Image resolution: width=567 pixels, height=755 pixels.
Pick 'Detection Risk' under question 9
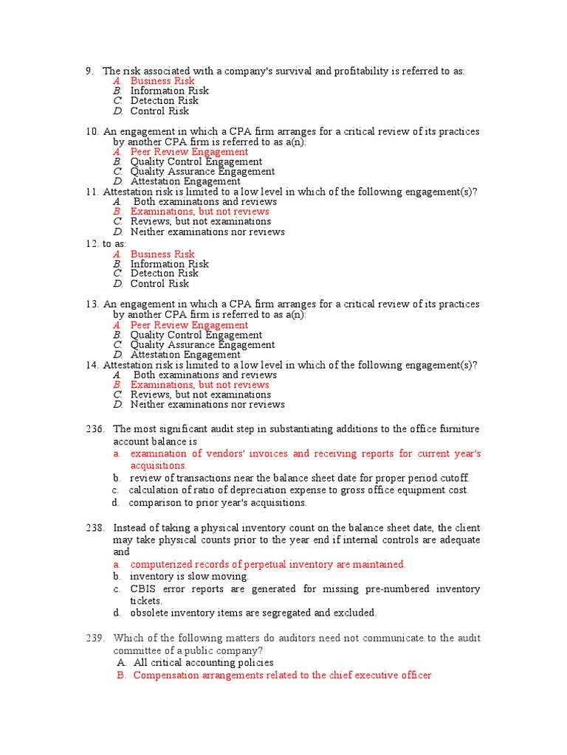coord(164,101)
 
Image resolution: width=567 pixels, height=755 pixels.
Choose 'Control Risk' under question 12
coord(159,284)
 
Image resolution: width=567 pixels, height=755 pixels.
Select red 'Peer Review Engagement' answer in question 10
coord(189,152)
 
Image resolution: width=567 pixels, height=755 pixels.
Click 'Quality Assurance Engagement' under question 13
coord(202,344)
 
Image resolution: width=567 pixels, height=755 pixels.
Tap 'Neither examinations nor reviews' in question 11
coord(207,232)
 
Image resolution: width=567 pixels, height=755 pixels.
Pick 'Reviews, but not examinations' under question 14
coord(201,394)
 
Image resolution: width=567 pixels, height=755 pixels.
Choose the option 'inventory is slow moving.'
coord(189,577)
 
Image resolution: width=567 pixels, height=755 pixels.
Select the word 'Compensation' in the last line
coord(166,675)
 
